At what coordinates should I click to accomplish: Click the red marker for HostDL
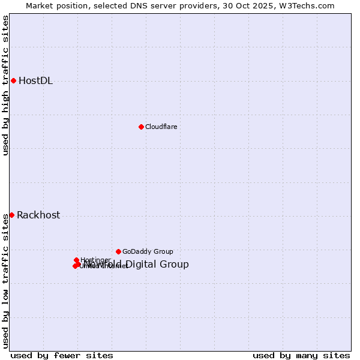pos(13,80)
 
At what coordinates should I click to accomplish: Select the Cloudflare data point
pos(141,127)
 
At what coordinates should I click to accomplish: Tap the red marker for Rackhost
pos(11,215)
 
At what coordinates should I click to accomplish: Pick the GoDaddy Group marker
pos(118,251)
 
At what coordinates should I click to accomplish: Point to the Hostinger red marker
pos(76,260)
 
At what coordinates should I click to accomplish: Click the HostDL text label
pos(36,81)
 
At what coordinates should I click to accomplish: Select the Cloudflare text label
pos(161,127)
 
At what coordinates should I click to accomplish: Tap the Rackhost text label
pos(38,215)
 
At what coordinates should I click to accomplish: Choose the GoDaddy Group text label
pos(148,251)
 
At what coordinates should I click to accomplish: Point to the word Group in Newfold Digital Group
pos(175,265)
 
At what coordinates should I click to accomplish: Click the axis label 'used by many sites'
pos(301,355)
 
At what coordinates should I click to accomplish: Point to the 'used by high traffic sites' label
pos(5,85)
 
